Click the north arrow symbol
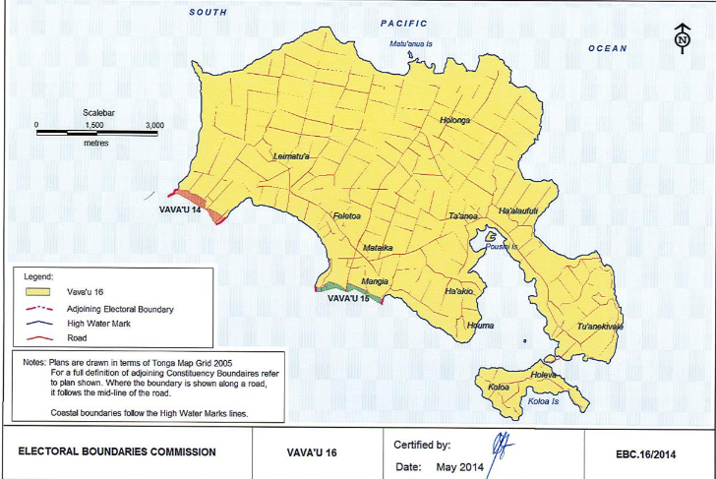tap(682, 38)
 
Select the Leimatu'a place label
tap(291, 156)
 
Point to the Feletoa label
tap(348, 216)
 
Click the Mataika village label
tap(378, 248)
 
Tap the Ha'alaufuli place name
tap(521, 211)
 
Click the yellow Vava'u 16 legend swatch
tap(39, 292)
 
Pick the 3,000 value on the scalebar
tap(154, 126)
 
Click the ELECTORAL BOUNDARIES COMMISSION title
tap(119, 454)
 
